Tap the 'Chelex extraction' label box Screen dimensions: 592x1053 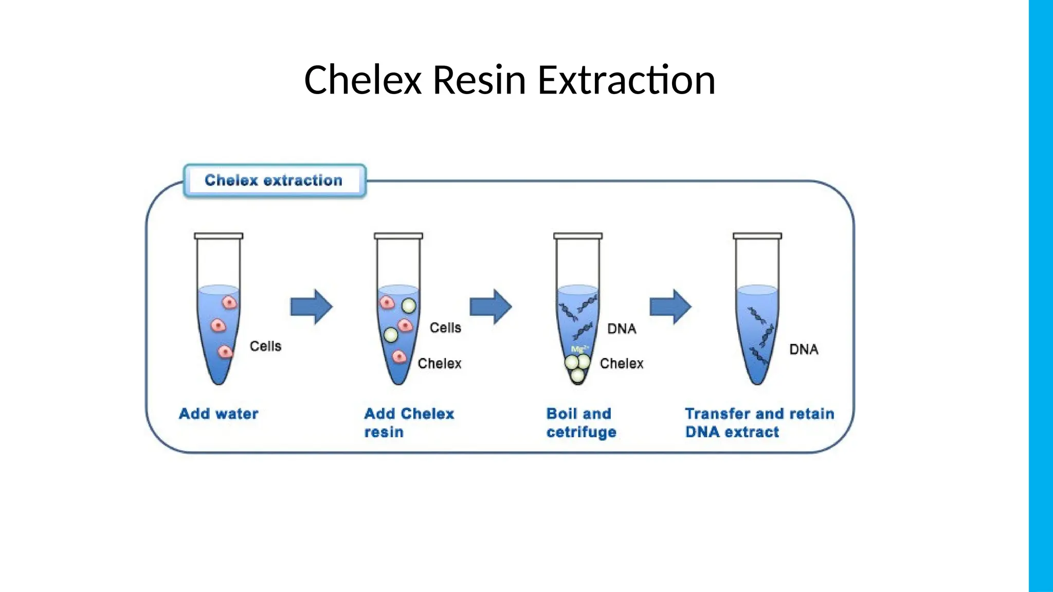pyautogui.click(x=274, y=180)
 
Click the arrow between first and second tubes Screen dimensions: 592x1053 pyautogui.click(x=311, y=307)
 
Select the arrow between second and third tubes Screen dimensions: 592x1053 pyautogui.click(x=491, y=307)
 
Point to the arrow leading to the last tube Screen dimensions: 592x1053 pyautogui.click(x=670, y=307)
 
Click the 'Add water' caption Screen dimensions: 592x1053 pyautogui.click(x=219, y=414)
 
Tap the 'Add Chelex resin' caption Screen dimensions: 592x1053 pyautogui.click(x=409, y=422)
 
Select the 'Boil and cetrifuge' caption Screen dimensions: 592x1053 pyautogui.click(x=581, y=422)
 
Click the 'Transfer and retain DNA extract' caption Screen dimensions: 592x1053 pyautogui.click(x=759, y=422)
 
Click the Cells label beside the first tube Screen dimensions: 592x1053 pyautogui.click(x=265, y=346)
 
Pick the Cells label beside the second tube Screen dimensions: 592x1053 pyautogui.click(x=445, y=328)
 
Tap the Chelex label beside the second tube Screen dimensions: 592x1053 pyautogui.click(x=439, y=363)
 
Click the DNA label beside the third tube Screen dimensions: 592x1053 pyautogui.click(x=622, y=329)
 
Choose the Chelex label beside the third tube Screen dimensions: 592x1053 pyautogui.click(x=622, y=363)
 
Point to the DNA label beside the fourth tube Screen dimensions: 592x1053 pyautogui.click(x=804, y=349)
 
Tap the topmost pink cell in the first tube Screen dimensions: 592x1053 pyautogui.click(x=230, y=302)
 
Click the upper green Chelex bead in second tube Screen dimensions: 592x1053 pyautogui.click(x=409, y=306)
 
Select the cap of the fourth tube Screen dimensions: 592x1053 pyautogui.click(x=757, y=236)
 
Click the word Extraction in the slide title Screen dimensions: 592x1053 pyautogui.click(x=626, y=80)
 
